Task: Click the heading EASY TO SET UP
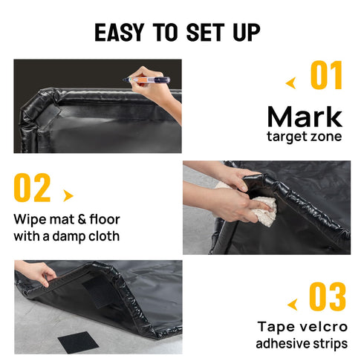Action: click(x=178, y=33)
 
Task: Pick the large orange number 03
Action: click(x=327, y=298)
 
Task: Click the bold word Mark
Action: click(x=305, y=117)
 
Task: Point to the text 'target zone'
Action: click(x=305, y=137)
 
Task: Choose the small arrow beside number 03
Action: click(x=291, y=304)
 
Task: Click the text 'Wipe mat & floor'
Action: click(x=66, y=220)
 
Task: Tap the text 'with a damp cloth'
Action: click(x=66, y=237)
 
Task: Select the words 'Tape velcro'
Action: click(x=300, y=327)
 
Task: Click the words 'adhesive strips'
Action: click(x=300, y=344)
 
